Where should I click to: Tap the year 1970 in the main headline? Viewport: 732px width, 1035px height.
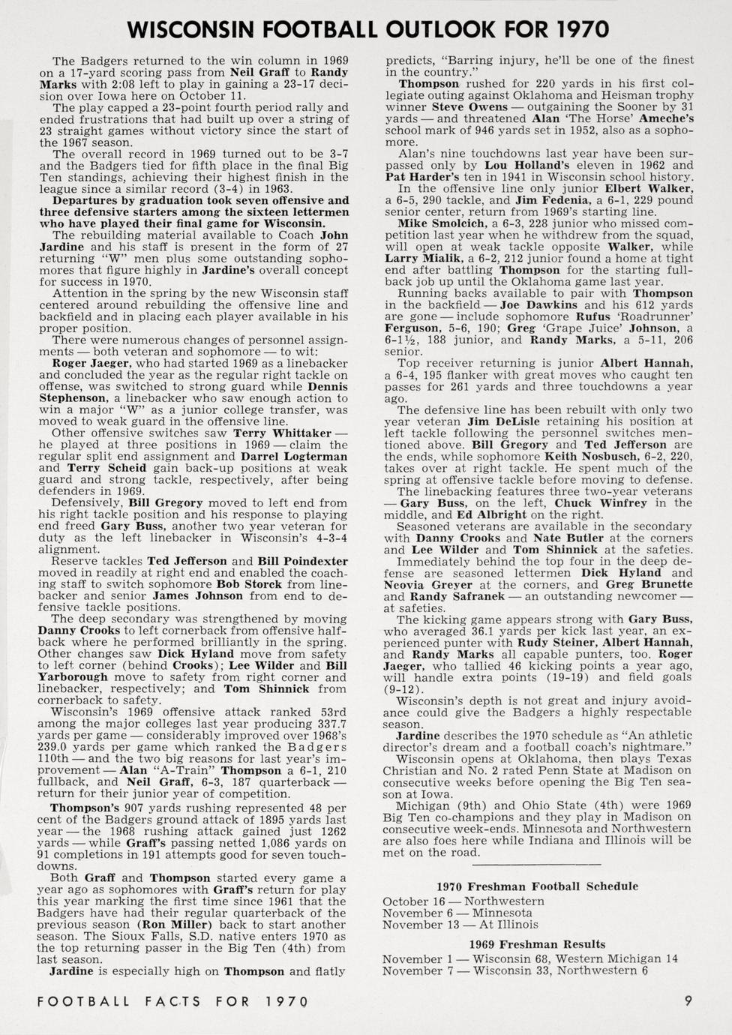coord(577,29)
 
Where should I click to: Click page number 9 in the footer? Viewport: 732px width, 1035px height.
coord(688,1000)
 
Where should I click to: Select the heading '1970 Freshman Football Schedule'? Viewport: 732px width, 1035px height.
coord(537,886)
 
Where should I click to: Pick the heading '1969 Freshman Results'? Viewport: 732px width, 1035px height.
coord(537,944)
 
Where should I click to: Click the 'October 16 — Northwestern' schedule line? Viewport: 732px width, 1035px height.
coord(463,901)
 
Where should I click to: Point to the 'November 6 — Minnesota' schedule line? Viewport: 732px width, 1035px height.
coord(458,913)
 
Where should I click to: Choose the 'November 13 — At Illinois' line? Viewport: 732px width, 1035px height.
coord(460,925)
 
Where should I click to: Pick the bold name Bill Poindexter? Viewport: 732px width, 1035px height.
coord(303,561)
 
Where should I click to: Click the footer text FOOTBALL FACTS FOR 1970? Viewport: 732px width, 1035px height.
coord(172,1001)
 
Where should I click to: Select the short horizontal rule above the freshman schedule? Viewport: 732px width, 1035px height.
coord(536,865)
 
